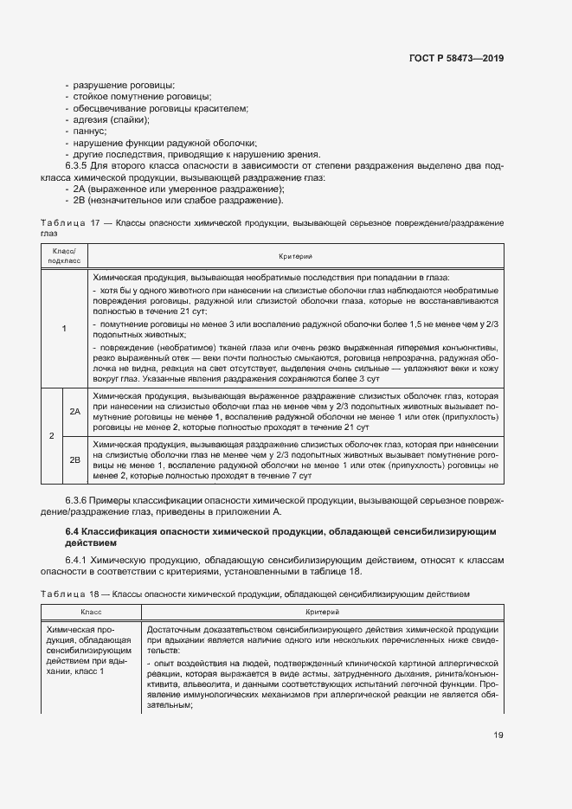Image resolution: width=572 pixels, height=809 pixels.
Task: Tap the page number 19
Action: [x=498, y=735]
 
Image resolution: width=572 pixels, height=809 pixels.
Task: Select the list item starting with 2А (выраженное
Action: [x=177, y=189]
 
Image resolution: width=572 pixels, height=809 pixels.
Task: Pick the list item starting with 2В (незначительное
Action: [x=177, y=201]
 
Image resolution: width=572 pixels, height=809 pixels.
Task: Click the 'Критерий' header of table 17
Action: [x=294, y=255]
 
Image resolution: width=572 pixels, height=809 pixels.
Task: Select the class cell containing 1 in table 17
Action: [x=63, y=328]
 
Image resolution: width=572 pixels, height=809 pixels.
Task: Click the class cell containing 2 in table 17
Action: [x=50, y=435]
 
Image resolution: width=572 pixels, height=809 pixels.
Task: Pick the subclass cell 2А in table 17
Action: [x=75, y=412]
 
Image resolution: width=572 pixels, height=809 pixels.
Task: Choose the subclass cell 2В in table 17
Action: [x=75, y=459]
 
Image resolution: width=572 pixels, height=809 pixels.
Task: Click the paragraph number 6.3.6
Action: [x=78, y=502]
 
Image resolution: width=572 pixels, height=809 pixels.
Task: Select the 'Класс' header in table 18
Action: [x=91, y=611]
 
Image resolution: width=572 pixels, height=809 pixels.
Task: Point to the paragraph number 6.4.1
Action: [x=80, y=560]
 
